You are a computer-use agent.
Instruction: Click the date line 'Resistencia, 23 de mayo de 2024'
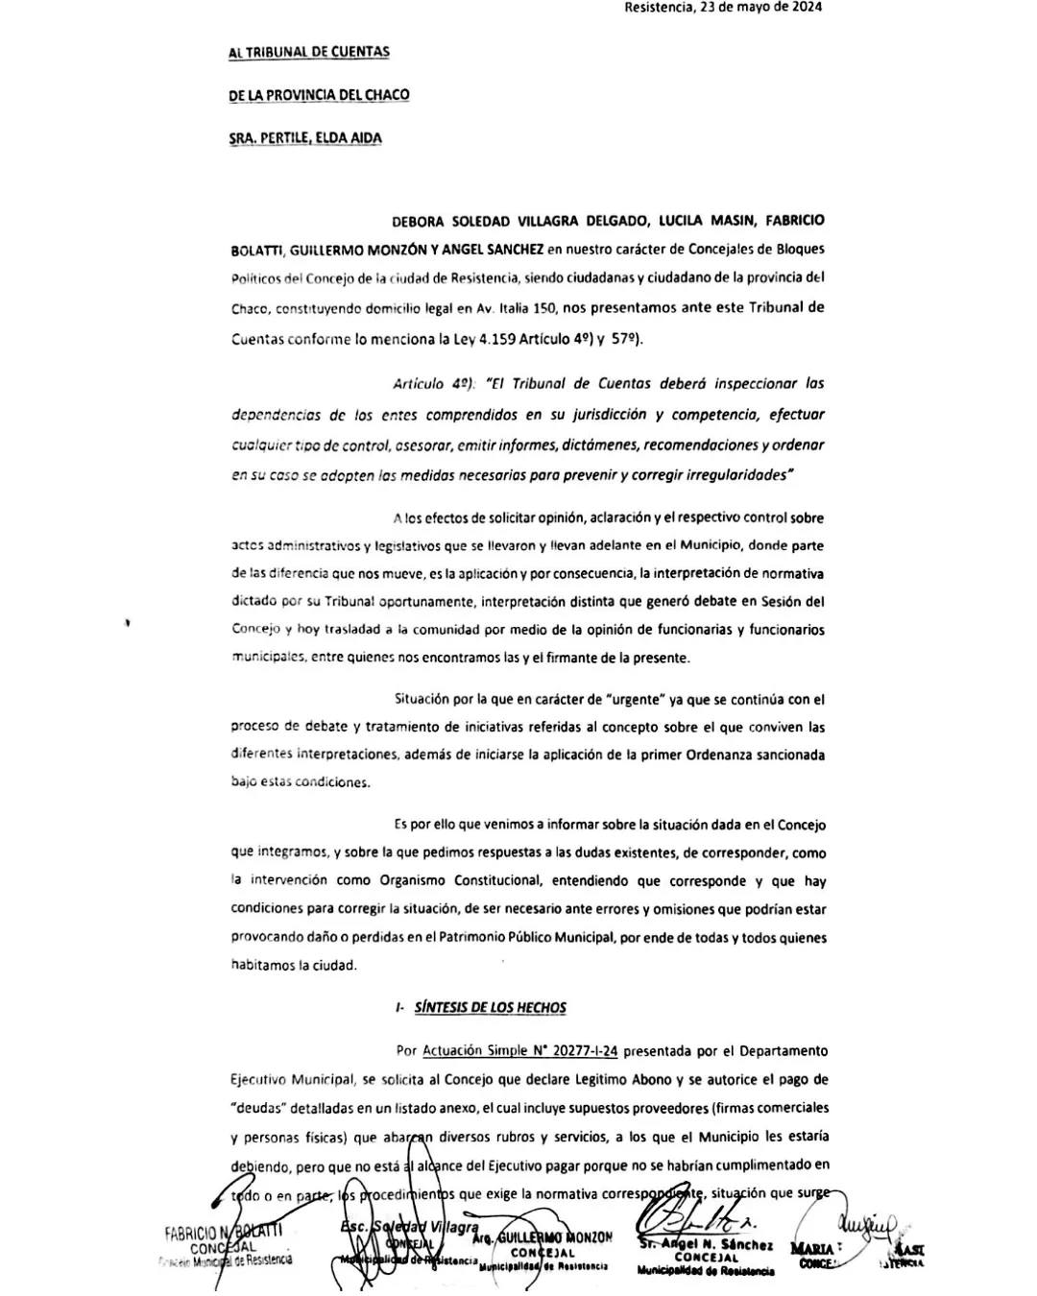coord(722,8)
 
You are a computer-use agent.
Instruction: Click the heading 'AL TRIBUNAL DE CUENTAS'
coord(309,53)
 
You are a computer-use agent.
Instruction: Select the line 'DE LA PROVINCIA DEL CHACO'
coord(319,95)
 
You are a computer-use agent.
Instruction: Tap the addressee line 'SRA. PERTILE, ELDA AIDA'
coord(305,138)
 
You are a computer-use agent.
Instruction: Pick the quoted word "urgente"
coord(627,700)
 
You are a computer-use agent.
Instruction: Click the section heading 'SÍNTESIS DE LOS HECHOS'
coord(490,1008)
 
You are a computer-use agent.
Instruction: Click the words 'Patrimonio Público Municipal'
coord(527,938)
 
